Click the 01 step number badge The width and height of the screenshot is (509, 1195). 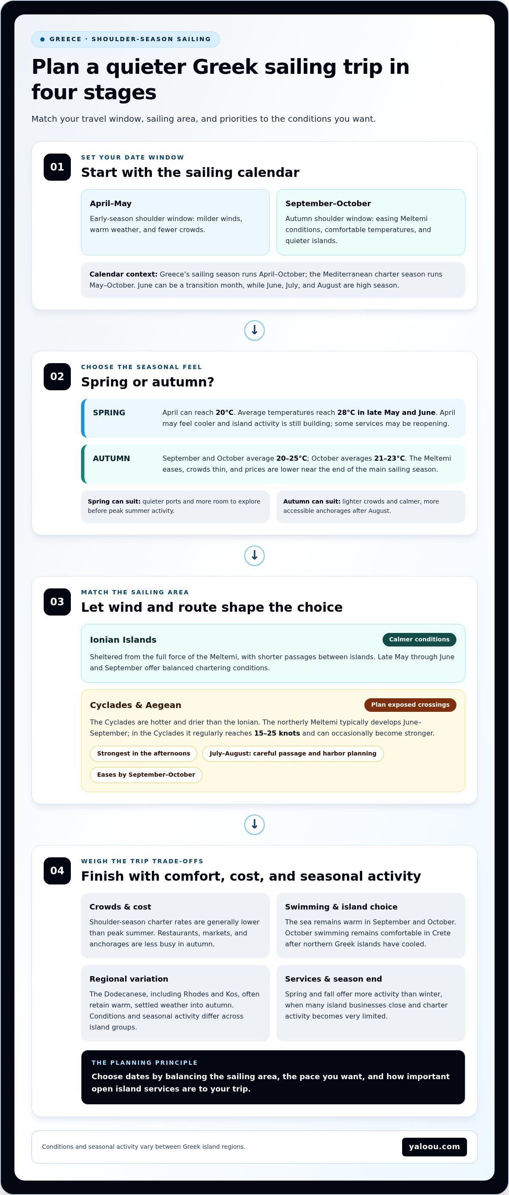(57, 167)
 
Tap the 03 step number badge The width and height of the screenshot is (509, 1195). (57, 602)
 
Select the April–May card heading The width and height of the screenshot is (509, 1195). (110, 204)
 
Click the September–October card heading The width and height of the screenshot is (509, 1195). (328, 204)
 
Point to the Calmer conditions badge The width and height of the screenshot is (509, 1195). (419, 639)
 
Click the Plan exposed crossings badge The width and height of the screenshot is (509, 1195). (410, 705)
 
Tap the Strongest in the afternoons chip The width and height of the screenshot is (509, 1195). (143, 753)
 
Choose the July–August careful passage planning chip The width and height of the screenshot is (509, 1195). (293, 753)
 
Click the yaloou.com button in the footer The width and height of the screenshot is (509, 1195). (434, 1147)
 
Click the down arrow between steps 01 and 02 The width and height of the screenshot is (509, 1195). (254, 330)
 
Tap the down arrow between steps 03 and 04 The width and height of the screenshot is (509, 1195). (254, 824)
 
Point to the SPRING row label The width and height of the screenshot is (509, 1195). (109, 413)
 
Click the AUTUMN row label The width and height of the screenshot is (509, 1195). (112, 458)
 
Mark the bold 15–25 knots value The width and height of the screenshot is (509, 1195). (277, 733)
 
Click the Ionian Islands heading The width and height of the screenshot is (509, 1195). (123, 640)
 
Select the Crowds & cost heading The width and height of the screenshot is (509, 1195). (120, 907)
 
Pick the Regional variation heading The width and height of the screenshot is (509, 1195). (129, 979)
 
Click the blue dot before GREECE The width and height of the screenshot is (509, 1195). (43, 39)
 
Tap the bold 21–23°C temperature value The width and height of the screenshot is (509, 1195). (389, 458)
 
